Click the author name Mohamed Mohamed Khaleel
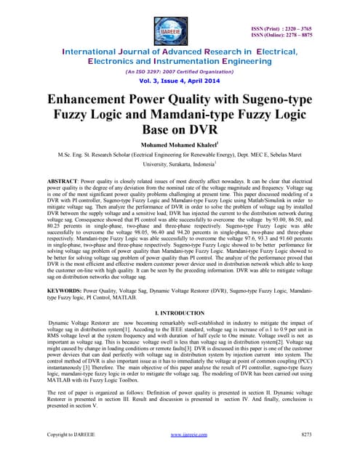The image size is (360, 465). (180, 144)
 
